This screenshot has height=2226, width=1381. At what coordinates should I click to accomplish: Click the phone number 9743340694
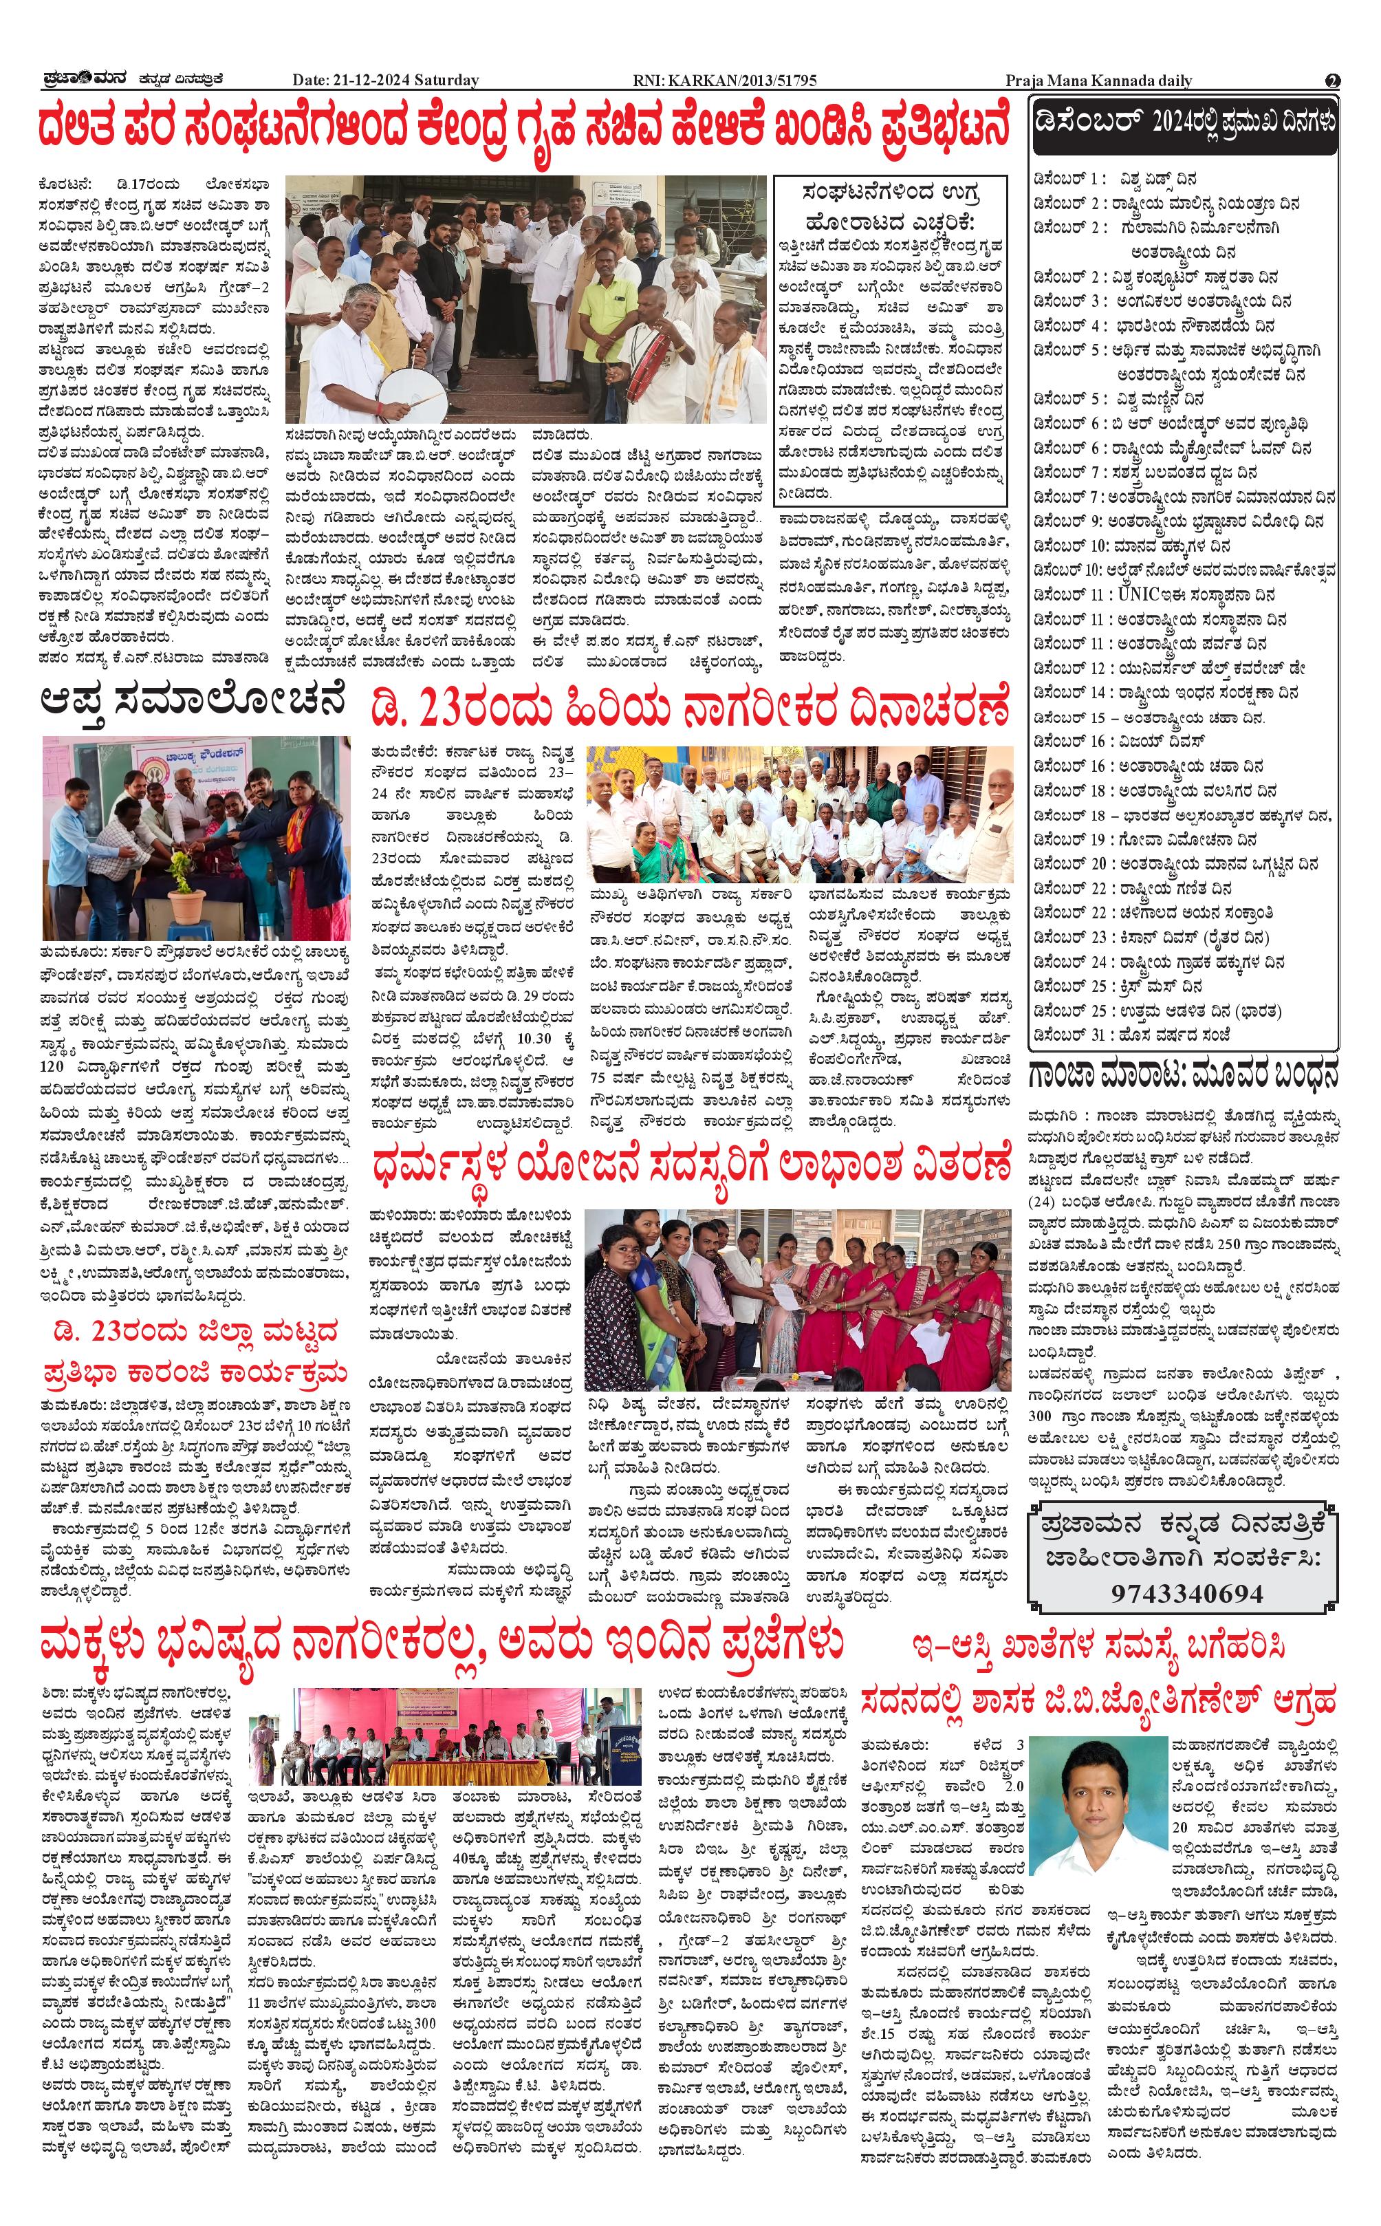tap(1186, 1593)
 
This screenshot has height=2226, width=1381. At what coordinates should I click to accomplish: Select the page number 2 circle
tap(1333, 80)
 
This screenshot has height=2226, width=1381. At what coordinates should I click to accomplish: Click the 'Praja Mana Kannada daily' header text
tap(1098, 80)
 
